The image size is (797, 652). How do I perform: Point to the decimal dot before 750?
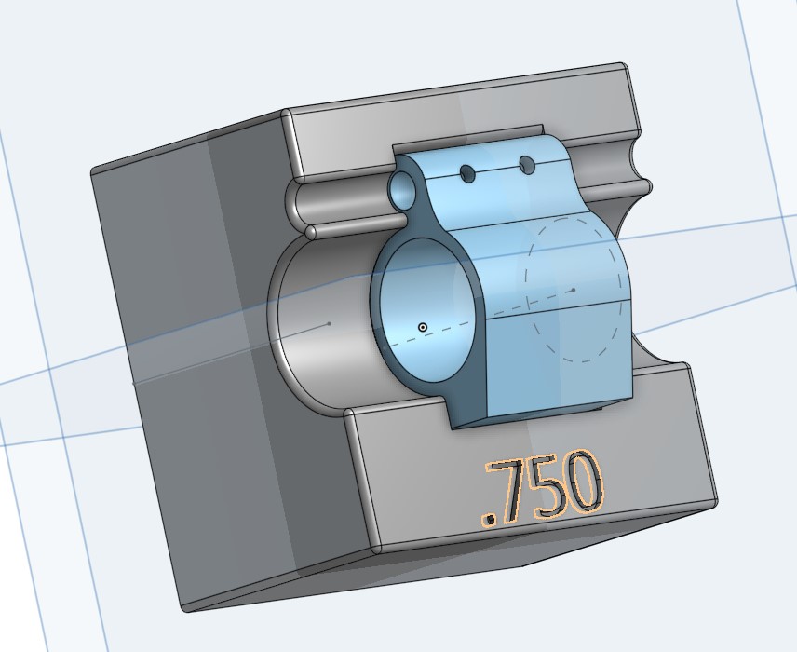click(x=487, y=517)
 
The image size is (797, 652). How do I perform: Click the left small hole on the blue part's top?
click(x=467, y=174)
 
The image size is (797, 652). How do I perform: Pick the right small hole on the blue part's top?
click(x=527, y=166)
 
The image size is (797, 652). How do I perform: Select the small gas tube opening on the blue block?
click(x=403, y=190)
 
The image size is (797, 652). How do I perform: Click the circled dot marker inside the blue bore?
click(x=423, y=327)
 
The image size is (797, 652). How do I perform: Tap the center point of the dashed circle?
click(x=574, y=290)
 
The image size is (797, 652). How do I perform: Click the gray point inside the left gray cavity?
click(x=329, y=324)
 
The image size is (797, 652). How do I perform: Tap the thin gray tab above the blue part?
click(x=466, y=140)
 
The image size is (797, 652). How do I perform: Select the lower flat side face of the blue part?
click(x=559, y=363)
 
